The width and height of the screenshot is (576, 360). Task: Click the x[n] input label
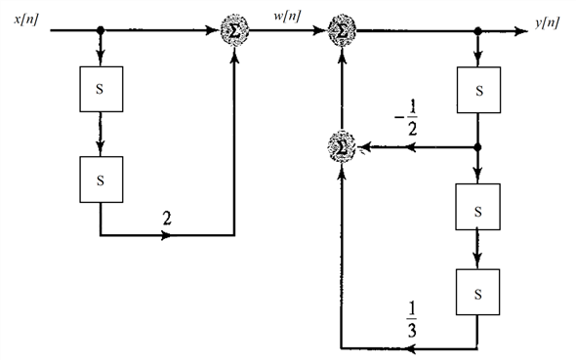pos(26,20)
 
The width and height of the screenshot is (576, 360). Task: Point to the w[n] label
pos(289,18)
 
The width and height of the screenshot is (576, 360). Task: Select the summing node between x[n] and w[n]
pos(234,29)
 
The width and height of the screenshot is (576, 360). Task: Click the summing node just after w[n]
pos(341,29)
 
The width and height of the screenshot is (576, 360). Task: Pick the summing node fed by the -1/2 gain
pos(341,147)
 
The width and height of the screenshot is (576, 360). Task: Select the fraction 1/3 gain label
pos(410,318)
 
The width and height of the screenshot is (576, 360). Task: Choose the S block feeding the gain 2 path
pos(101,178)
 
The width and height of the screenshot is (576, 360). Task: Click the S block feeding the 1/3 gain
pos(477,291)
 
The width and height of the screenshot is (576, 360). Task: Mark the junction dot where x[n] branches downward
pos(101,30)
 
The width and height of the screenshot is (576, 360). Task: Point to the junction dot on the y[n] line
pos(477,30)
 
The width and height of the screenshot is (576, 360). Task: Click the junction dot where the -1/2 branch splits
pos(477,147)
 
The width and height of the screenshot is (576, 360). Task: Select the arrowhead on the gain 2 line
pos(174,236)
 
